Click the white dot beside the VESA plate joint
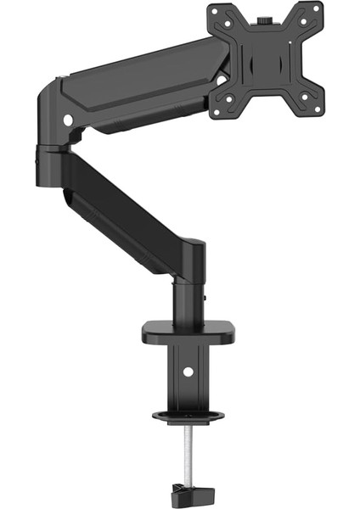coord(222,79)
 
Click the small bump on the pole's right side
coord(206,296)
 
